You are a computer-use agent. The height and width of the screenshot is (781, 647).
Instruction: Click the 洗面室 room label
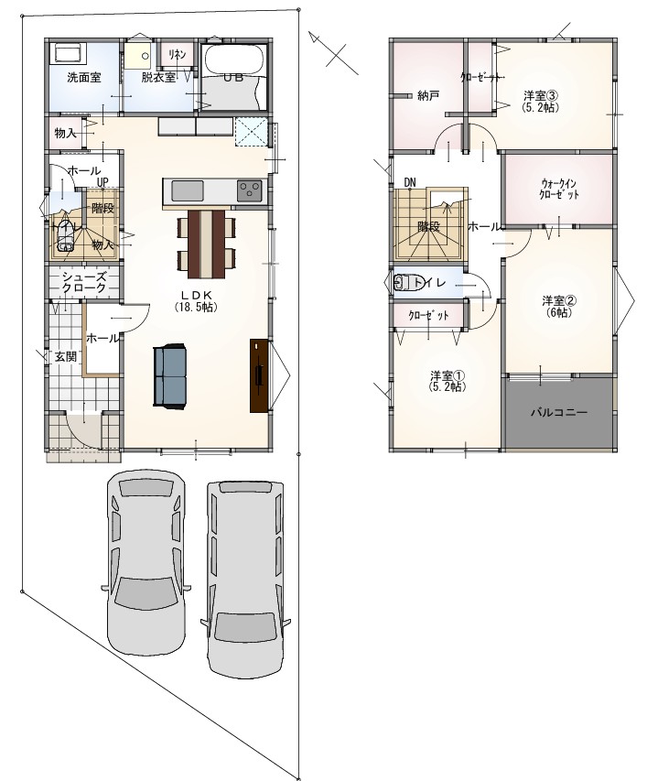[x=84, y=78]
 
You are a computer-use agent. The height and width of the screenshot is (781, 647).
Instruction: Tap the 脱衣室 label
[x=158, y=78]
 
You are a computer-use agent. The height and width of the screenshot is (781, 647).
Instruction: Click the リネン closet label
[x=178, y=54]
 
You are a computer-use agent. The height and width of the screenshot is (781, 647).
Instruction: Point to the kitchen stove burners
[x=249, y=190]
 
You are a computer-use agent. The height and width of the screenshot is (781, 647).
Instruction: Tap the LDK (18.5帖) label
[x=196, y=300]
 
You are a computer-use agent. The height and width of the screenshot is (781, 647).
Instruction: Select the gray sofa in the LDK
[x=169, y=376]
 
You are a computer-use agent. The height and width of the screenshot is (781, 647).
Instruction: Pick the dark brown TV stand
[x=259, y=375]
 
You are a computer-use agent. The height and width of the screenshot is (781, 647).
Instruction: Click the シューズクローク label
[x=83, y=282]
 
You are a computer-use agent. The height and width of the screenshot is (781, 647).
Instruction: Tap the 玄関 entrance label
[x=66, y=357]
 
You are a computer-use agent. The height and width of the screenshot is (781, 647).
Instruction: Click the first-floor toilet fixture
[x=65, y=235]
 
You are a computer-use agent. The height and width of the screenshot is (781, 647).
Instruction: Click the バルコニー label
[x=559, y=412]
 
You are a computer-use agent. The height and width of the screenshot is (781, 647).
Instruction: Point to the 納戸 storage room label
[x=428, y=95]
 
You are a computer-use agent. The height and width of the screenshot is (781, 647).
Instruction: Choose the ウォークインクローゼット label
[x=559, y=189]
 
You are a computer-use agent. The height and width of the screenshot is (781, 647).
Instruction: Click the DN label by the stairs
[x=410, y=182]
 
